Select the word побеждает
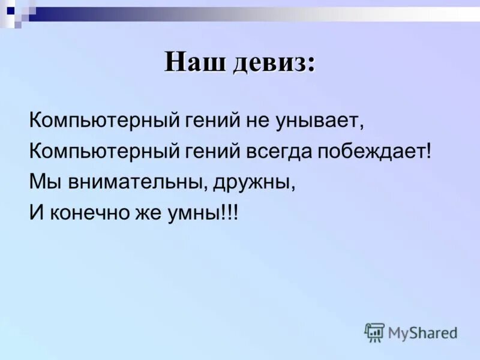[373, 151]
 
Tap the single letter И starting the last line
[35, 212]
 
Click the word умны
[187, 212]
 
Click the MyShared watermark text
[422, 332]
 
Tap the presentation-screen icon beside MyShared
[374, 332]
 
